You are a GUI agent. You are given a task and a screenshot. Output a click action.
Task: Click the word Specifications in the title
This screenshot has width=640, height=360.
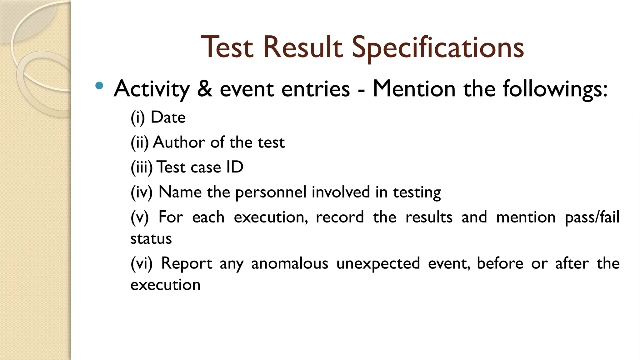(x=438, y=47)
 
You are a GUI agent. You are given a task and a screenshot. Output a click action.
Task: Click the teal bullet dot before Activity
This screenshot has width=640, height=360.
(x=99, y=86)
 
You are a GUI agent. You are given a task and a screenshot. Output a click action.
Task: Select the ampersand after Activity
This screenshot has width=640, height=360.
(x=205, y=89)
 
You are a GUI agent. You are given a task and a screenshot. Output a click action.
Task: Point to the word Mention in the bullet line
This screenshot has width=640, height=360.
(x=414, y=89)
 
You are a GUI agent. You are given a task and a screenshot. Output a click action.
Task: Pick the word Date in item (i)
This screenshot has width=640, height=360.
(x=168, y=117)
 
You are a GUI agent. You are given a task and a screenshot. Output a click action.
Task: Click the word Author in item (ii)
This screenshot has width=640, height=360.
(x=179, y=142)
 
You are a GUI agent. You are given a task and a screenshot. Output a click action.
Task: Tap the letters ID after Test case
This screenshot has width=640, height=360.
(x=235, y=167)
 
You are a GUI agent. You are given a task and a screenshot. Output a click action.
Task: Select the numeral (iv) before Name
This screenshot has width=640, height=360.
(x=142, y=192)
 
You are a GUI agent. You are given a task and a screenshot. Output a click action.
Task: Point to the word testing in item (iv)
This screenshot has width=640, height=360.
(x=417, y=192)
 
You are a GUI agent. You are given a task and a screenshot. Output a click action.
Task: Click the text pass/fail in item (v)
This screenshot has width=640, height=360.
(x=592, y=217)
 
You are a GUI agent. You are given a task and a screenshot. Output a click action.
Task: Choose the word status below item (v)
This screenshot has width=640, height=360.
(x=151, y=239)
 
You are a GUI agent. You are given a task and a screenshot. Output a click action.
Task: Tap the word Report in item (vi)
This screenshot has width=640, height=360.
(x=187, y=263)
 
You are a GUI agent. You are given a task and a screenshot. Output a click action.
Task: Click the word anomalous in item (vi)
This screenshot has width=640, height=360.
(x=290, y=263)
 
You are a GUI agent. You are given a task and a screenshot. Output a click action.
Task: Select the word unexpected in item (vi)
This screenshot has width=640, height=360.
(x=378, y=263)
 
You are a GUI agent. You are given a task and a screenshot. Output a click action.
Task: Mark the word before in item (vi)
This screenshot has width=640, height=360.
(x=500, y=263)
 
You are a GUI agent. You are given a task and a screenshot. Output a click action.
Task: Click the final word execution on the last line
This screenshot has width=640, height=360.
(x=165, y=285)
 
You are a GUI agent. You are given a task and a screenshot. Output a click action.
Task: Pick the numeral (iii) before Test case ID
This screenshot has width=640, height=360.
(x=142, y=167)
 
